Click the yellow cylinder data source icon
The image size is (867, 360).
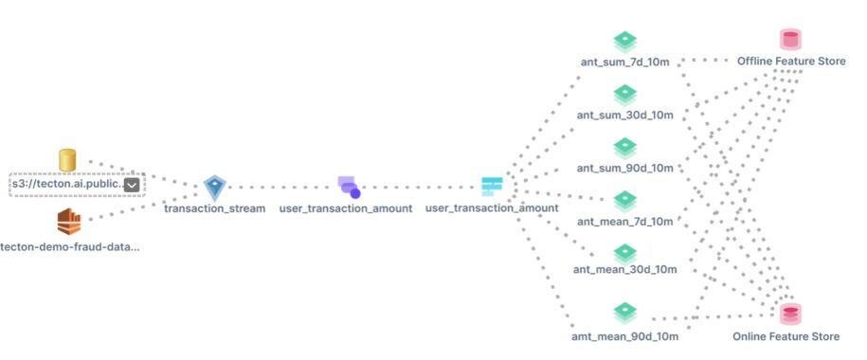coord(67,160)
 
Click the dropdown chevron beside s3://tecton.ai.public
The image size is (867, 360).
coord(132,185)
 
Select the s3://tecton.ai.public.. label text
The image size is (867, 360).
coord(66,185)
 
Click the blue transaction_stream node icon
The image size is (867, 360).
coord(215,187)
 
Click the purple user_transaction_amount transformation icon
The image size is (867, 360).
coord(348,187)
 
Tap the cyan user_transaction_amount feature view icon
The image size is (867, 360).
coord(492,186)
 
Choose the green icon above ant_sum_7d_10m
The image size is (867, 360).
coord(625,42)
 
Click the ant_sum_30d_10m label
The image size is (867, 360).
coord(626,116)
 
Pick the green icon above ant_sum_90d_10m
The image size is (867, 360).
coord(625,148)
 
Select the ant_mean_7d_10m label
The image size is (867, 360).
coord(626,222)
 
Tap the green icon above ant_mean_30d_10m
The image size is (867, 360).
coord(625,253)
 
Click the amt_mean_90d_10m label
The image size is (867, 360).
coord(626,336)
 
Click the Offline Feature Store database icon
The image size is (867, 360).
coord(789,39)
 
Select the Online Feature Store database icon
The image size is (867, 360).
coord(789,313)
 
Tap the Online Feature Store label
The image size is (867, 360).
coord(786,336)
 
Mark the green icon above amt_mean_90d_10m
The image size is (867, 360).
coord(625,312)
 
